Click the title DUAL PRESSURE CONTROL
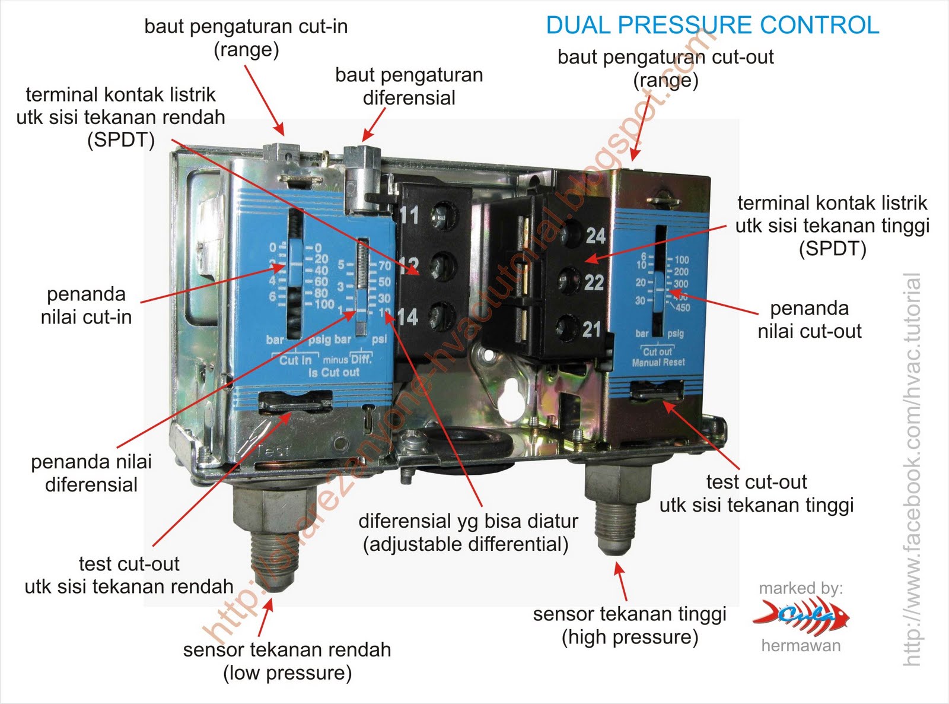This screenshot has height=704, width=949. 712,26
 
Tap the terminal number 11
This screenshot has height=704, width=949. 409,214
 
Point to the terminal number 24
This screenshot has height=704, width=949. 595,236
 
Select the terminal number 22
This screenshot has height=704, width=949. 593,282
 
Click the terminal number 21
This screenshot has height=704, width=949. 591,329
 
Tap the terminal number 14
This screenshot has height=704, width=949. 407,317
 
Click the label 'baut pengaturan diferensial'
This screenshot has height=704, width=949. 409,86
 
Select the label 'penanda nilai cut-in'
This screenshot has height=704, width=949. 86,305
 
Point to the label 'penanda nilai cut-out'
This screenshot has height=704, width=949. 809,319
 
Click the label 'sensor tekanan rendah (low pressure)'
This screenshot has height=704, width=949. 287,661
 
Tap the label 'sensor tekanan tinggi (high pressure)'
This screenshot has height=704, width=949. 629,625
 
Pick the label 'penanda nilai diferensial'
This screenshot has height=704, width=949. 91,472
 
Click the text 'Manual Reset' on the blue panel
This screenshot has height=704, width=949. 658,362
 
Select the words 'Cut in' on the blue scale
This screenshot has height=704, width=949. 295,360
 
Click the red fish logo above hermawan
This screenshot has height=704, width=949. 801,616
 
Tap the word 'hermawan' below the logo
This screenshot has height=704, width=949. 801,646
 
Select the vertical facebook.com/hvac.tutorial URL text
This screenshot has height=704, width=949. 912,469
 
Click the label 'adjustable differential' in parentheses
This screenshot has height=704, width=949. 466,544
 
